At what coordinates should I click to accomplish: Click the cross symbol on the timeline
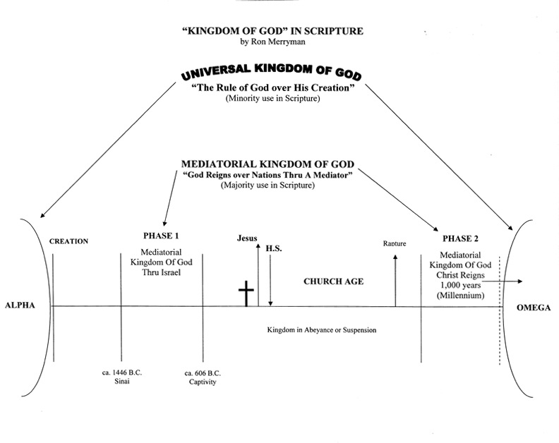pyautogui.click(x=246, y=293)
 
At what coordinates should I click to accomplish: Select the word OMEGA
pyautogui.click(x=538, y=308)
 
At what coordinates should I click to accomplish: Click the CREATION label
pyautogui.click(x=68, y=241)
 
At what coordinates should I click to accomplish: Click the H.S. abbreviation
pyautogui.click(x=273, y=248)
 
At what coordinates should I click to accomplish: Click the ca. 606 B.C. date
pyautogui.click(x=203, y=372)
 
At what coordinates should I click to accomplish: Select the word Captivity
pyautogui.click(x=203, y=382)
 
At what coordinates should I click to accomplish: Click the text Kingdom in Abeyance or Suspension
pyautogui.click(x=321, y=329)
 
